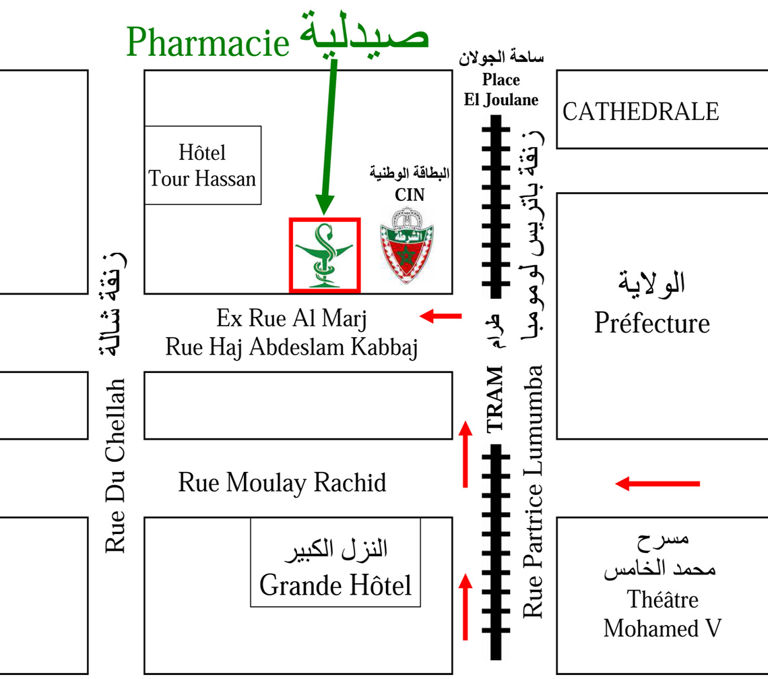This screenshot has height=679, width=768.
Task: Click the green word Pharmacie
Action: coord(207,42)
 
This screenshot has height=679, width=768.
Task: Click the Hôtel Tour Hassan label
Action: coord(203,166)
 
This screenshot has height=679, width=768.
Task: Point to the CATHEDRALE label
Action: coord(641,112)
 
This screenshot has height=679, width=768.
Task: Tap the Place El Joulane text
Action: coord(501,90)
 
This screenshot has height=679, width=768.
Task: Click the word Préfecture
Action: coord(651,324)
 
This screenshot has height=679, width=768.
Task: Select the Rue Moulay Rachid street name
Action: coord(282,483)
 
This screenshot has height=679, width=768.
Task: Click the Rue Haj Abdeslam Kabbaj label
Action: coord(292,348)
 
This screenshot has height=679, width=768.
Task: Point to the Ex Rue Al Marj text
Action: coord(292,318)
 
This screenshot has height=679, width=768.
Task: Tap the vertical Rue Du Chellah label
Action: coord(117,465)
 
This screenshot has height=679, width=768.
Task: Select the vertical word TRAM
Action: coord(495,398)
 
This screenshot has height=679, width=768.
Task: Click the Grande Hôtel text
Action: coord(335,585)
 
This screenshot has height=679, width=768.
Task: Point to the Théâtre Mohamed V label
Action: coord(662,614)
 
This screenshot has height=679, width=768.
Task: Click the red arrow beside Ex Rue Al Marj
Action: coord(441,315)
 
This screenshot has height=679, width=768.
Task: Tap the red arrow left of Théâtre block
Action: coord(658,483)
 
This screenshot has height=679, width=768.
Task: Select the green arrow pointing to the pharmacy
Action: coord(328,135)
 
